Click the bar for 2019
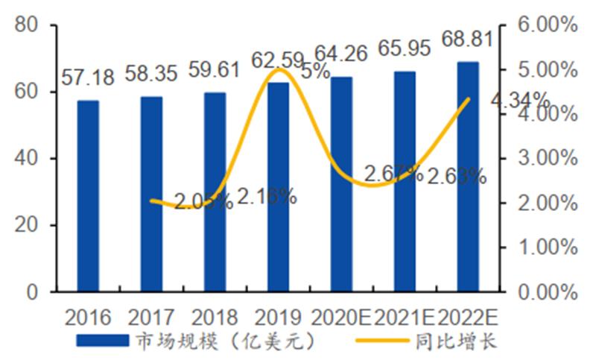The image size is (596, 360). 278,186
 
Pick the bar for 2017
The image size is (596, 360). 151,194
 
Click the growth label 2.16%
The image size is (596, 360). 268,197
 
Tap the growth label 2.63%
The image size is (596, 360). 457,177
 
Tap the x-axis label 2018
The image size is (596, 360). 215,318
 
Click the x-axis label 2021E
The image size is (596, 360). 405,318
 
